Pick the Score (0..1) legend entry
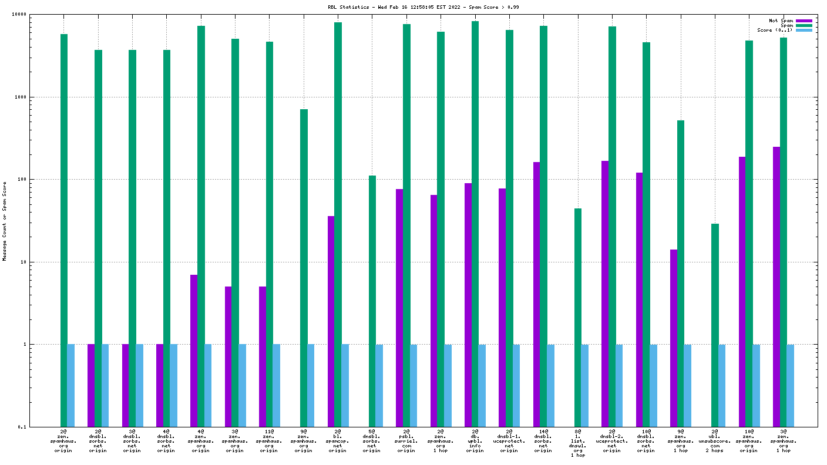pos(775,30)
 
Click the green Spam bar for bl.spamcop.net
pos(338,224)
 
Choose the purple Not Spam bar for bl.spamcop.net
pos(331,321)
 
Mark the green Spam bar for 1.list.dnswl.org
pos(578,317)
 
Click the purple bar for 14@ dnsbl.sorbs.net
pos(537,294)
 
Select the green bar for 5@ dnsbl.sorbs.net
pos(372,301)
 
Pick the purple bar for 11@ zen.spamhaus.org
pos(263,356)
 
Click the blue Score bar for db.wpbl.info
pos(482,385)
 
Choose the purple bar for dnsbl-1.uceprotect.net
pos(502,307)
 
